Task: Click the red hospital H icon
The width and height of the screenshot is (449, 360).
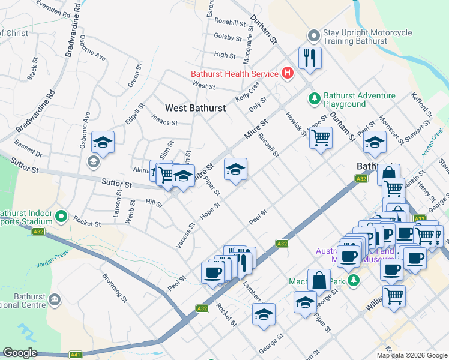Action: [288, 74]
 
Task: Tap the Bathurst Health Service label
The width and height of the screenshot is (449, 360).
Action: [234, 74]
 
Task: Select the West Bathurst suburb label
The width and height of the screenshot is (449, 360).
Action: [196, 108]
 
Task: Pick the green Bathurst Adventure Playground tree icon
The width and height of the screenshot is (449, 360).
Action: [313, 97]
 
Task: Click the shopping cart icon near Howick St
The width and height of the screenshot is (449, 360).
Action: [321, 137]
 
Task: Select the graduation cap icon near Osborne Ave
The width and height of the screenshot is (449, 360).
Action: [103, 142]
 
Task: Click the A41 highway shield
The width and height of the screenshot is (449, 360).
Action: [75, 355]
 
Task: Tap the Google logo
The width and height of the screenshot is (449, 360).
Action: [20, 353]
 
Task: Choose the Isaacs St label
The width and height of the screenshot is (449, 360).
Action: [166, 123]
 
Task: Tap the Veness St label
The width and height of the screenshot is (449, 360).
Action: [186, 235]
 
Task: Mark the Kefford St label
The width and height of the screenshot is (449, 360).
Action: [421, 104]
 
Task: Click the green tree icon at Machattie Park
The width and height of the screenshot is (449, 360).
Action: [354, 280]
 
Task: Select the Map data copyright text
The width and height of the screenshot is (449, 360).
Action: [412, 355]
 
